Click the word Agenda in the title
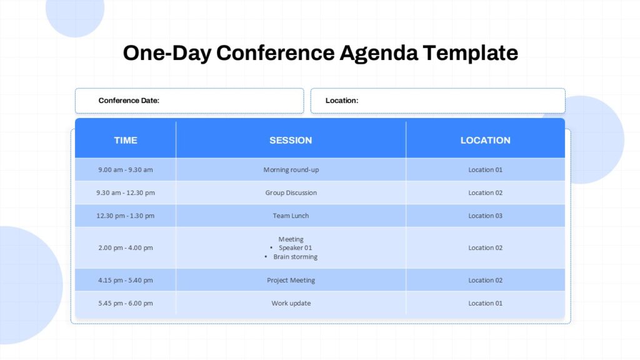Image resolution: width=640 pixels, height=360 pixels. coord(379,53)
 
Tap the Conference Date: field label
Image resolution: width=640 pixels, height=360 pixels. coord(129,101)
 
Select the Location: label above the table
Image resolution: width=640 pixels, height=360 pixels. coord(342,101)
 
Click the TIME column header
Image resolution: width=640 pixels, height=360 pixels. coord(126,141)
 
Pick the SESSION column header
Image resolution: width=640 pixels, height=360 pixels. coord(291,141)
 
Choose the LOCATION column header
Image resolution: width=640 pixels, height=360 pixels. coord(486,141)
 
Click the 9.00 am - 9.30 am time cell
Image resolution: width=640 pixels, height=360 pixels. coord(126,170)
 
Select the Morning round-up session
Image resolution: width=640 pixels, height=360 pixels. coord(291,170)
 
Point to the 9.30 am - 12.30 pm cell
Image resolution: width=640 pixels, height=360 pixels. coord(126,193)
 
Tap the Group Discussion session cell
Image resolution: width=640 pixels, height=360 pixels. coord(291,193)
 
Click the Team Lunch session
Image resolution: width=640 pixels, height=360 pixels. coord(291,216)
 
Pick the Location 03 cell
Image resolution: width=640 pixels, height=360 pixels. coord(486,216)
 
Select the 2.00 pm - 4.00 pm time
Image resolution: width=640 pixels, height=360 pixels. coord(126,248)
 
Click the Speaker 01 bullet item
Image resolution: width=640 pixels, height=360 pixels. coord(295,248)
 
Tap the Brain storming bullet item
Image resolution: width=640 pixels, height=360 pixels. coord(295,257)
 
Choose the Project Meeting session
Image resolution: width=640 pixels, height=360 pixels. coord(291,281)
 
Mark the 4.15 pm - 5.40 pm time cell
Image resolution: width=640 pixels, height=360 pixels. coord(126,281)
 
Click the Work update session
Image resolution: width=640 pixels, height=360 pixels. coord(291,304)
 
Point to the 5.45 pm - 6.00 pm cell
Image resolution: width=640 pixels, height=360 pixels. coord(126,304)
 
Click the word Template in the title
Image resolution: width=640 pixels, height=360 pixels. coord(471,53)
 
